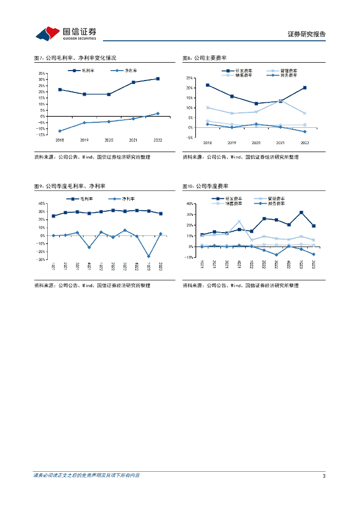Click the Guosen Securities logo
pyautogui.click(x=66, y=33)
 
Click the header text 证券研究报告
pyautogui.click(x=307, y=34)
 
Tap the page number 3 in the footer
pyautogui.click(x=324, y=476)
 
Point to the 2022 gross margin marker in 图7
pyautogui.click(x=158, y=79)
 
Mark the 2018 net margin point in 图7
pyautogui.click(x=60, y=131)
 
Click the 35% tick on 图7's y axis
pyautogui.click(x=41, y=73)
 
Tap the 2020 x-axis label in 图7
pyautogui.click(x=108, y=140)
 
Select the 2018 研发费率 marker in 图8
pyautogui.click(x=207, y=85)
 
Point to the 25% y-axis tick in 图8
pyautogui.click(x=189, y=78)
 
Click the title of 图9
pyautogui.click(x=70, y=186)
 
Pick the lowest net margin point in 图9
pyautogui.click(x=148, y=256)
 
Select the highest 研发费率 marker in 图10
pyautogui.click(x=301, y=213)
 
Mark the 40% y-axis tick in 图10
pyautogui.click(x=189, y=203)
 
